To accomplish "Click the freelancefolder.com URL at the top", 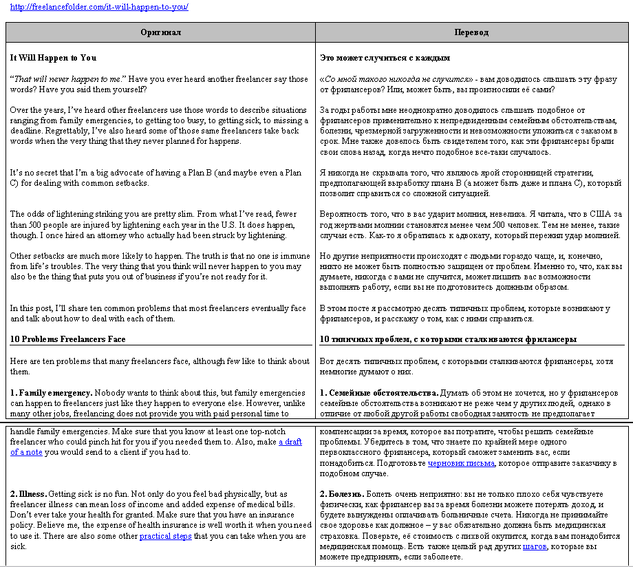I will tap(99, 7).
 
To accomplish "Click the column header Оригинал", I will tap(160, 32).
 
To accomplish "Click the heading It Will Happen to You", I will tap(53, 58).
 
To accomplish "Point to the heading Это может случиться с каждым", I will tap(385, 58).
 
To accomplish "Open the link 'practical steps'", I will tap(165, 536).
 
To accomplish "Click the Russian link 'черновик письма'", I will tap(461, 463).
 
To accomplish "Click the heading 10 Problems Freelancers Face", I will tap(67, 339).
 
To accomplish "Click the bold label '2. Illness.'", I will tap(28, 494).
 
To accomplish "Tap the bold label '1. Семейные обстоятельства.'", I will tap(379, 392).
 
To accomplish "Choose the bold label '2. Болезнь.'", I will tap(342, 494).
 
